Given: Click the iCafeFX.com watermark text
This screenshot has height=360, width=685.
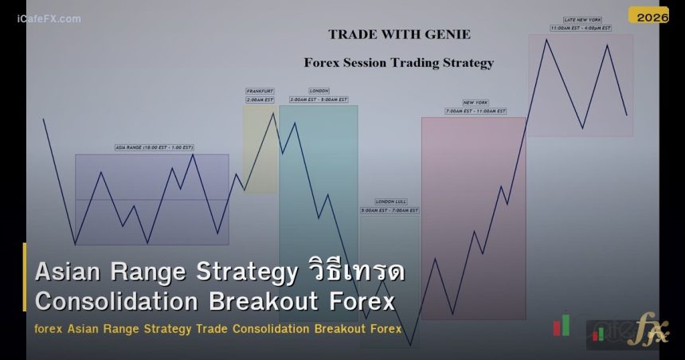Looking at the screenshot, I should [49, 18].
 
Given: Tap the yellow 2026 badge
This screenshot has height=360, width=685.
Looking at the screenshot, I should [648, 15].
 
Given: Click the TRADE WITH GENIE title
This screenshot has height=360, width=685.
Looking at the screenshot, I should [399, 34].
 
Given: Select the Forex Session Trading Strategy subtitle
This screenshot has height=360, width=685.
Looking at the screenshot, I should [398, 62].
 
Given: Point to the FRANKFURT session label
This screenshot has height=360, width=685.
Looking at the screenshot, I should [260, 92].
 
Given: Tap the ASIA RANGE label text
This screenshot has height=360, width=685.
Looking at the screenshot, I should [155, 147].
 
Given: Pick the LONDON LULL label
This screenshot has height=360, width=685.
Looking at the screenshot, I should [390, 202].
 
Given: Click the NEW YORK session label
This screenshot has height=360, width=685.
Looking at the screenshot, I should [476, 103].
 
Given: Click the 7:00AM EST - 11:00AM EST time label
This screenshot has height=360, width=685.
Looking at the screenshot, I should [476, 112].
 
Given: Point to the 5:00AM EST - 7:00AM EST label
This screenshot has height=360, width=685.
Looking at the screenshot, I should [390, 211].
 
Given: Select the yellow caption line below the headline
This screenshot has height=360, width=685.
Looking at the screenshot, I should [217, 328].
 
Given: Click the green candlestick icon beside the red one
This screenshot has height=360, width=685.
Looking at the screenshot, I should [566, 323].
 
